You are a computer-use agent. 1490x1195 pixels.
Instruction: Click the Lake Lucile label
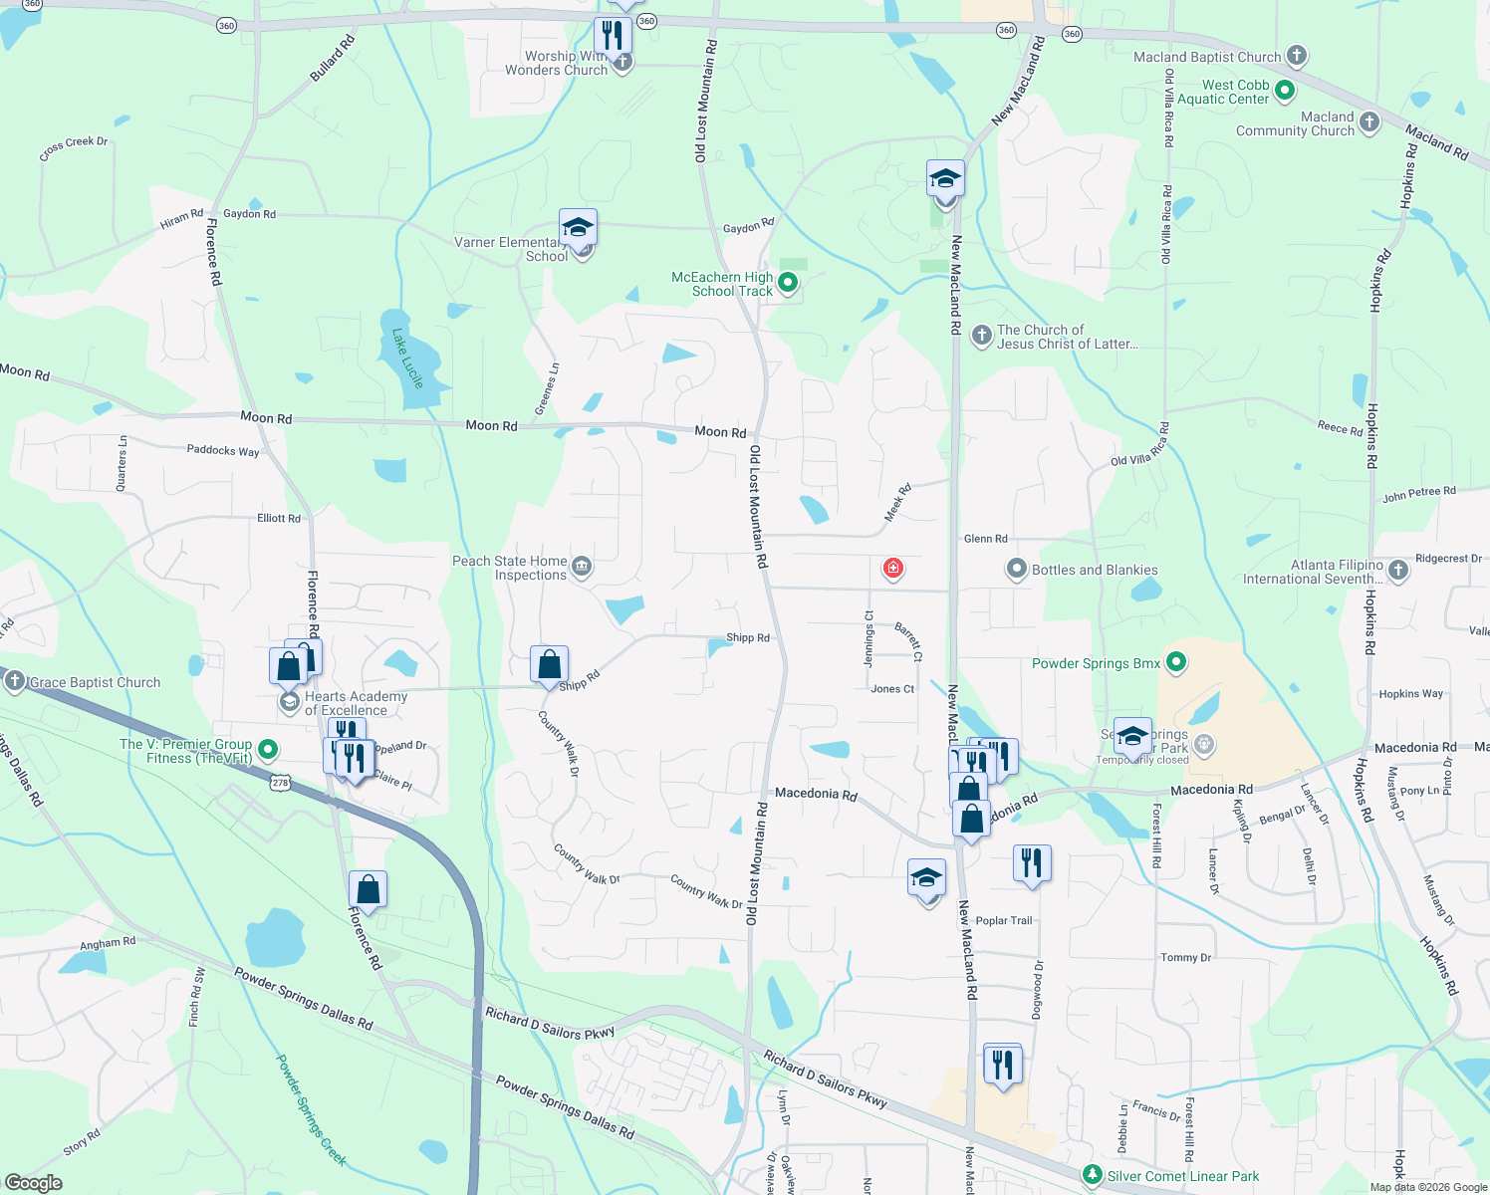point(407,358)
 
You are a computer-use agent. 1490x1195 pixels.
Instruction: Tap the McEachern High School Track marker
point(788,284)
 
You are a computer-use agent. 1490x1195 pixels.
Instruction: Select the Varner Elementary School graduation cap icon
point(578,228)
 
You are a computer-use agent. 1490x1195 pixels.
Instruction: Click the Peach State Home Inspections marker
point(582,568)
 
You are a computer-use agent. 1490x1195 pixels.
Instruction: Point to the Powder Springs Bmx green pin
point(1176,663)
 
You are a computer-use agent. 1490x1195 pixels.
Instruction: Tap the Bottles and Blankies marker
point(1016,570)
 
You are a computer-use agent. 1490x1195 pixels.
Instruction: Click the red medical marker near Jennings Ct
point(892,569)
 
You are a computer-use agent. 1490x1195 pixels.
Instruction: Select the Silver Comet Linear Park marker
point(1093,1176)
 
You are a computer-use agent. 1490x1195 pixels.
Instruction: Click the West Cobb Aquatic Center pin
point(1285,92)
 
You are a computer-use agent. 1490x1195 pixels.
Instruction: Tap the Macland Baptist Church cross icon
point(1296,57)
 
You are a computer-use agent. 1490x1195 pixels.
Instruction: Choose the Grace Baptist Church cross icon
point(14,682)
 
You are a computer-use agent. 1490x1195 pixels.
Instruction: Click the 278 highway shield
point(280,783)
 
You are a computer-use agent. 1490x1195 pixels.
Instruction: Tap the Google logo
point(33,1183)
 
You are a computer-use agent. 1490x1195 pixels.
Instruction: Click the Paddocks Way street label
point(223,450)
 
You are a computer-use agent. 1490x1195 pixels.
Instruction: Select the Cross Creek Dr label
point(74,148)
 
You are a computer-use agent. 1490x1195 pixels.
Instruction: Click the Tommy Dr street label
point(1185,958)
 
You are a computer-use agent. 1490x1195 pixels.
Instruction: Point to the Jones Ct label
point(892,689)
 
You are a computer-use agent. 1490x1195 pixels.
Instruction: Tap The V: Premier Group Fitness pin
point(267,750)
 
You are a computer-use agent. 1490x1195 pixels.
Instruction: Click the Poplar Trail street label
point(1003,921)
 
